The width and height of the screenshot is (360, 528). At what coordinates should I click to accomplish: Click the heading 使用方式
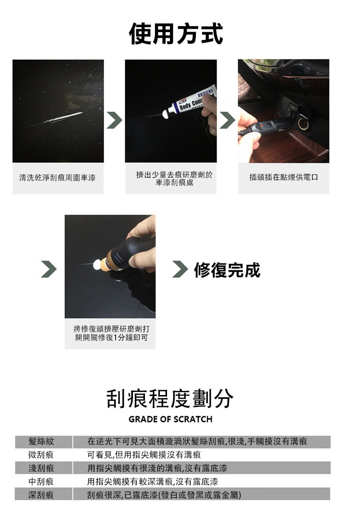coord(176,34)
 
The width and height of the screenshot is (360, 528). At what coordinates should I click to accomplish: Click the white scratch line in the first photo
coord(57,119)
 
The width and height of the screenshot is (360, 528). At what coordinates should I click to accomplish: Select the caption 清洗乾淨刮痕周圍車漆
coord(58,178)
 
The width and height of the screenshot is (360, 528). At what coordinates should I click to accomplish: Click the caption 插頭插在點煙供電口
coord(284,177)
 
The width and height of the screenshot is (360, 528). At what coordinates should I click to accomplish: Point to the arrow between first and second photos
coord(114,120)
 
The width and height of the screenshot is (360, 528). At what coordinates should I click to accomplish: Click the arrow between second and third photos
coord(228,120)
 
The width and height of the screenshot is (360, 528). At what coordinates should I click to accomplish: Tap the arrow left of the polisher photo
coord(49,269)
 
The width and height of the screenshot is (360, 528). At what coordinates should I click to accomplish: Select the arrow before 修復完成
coord(180,269)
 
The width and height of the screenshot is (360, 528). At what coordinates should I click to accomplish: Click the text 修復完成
coord(227,270)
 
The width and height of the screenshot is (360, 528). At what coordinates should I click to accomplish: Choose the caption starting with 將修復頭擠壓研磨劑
coord(111,333)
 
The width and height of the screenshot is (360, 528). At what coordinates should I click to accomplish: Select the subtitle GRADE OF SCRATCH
coord(170,419)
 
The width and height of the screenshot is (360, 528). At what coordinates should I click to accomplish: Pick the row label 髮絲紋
coord(41,442)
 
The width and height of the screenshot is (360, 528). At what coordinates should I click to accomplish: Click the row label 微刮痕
coord(41,455)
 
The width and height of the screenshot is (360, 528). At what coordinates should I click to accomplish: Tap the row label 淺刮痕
coord(41,468)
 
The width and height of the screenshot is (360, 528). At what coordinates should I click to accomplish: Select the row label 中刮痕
coord(41,481)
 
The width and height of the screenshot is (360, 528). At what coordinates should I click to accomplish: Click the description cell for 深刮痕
coord(202,495)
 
